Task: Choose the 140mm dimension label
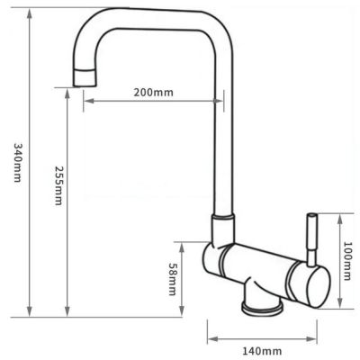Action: pos(263,351)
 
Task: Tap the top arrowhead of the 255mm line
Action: pos(67,92)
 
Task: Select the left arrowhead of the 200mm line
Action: pos(87,100)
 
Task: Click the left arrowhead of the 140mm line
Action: pos(211,339)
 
